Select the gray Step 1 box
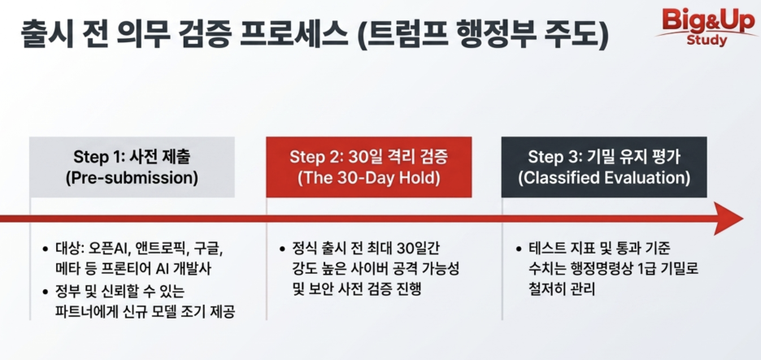click(x=132, y=167)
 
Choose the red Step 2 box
click(x=369, y=167)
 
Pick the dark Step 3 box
click(x=604, y=167)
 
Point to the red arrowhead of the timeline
click(x=728, y=219)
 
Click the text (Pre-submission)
click(x=132, y=178)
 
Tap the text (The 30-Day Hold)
click(x=369, y=178)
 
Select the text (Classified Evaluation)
click(x=604, y=178)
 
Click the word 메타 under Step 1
click(x=67, y=271)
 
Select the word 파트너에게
click(x=82, y=311)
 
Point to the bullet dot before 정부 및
click(x=46, y=292)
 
